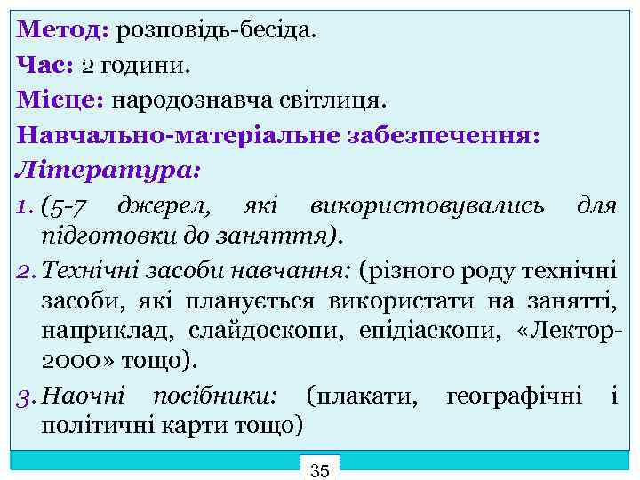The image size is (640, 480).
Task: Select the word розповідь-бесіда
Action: (x=215, y=32)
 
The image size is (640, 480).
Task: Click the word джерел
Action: (x=162, y=206)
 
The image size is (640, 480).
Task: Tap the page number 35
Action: (x=320, y=469)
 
